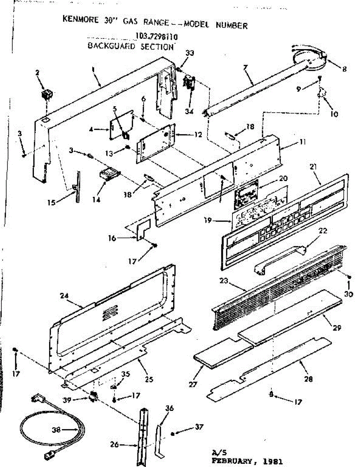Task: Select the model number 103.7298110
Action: (x=156, y=37)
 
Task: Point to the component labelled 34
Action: (x=189, y=83)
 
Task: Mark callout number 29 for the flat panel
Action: (x=337, y=328)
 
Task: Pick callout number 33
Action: (x=189, y=52)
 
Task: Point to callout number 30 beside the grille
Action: (x=349, y=295)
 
